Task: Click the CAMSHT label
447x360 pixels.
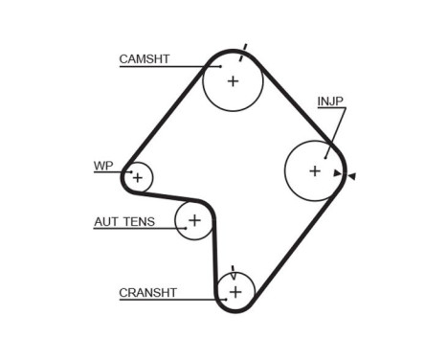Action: pyautogui.click(x=144, y=59)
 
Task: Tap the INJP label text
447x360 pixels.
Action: pyautogui.click(x=331, y=101)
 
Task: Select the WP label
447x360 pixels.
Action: pyautogui.click(x=102, y=166)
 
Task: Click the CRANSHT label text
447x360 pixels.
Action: pyautogui.click(x=147, y=293)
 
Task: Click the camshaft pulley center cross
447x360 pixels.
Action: pyautogui.click(x=233, y=80)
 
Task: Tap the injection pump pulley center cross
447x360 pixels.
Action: pyautogui.click(x=315, y=170)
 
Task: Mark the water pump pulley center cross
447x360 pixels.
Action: pyautogui.click(x=138, y=177)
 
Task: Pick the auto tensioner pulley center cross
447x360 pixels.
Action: pyautogui.click(x=194, y=222)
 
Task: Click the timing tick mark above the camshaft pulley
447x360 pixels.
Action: pyautogui.click(x=244, y=48)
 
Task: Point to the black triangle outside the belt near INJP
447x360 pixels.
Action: pyautogui.click(x=352, y=175)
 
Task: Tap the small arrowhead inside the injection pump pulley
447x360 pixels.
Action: pyautogui.click(x=336, y=173)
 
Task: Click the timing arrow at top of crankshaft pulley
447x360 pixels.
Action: pyautogui.click(x=233, y=273)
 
